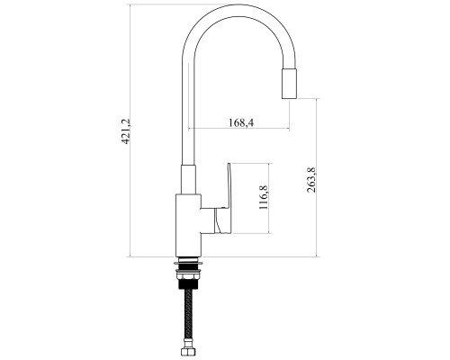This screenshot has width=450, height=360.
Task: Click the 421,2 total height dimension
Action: click(126, 131)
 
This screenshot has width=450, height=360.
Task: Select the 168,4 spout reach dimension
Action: click(241, 122)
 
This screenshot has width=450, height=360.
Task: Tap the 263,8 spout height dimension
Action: click(311, 180)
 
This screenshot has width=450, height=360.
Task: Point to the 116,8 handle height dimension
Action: click(263, 197)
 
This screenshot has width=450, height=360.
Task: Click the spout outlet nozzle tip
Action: click(290, 84)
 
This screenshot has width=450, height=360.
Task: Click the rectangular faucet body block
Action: click(188, 226)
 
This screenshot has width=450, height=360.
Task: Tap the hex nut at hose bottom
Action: click(189, 352)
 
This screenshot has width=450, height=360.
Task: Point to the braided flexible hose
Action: click(189, 323)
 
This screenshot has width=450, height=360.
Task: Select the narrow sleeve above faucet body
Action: click(189, 179)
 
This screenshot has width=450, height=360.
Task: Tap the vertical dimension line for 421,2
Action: click(130, 130)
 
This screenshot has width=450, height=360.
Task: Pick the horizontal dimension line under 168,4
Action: click(238, 129)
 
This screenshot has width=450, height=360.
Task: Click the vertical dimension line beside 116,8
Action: click(269, 198)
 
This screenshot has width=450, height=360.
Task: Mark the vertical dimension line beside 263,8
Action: click(317, 177)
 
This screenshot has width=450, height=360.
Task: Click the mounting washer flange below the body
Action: click(188, 264)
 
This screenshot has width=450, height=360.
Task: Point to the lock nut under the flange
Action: click(188, 274)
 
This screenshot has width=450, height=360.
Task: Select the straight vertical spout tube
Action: click(189, 117)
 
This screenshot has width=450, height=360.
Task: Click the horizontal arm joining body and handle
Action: click(208, 220)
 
